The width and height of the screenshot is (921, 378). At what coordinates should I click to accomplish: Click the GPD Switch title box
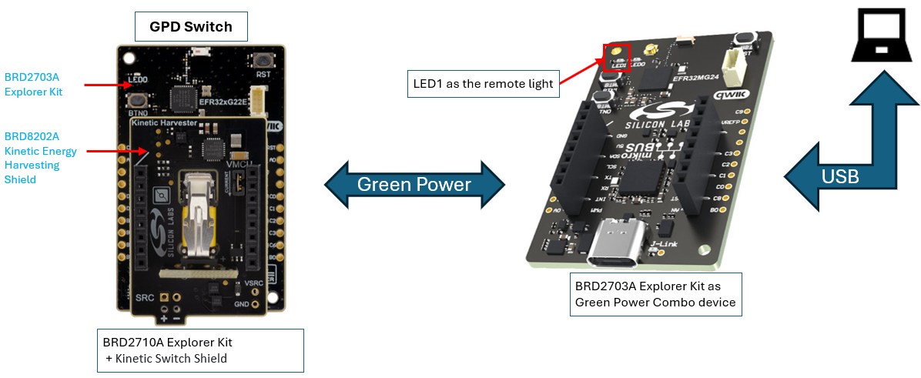point(191,27)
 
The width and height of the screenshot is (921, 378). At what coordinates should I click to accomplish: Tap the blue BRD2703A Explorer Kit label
point(33,84)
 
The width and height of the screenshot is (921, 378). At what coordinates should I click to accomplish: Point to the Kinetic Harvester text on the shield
point(162,122)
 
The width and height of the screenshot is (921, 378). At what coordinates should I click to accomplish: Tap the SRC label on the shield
point(145,296)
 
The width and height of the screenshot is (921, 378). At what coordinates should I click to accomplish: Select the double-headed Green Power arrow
point(414,185)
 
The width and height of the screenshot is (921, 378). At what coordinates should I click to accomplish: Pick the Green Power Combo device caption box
point(655,294)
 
